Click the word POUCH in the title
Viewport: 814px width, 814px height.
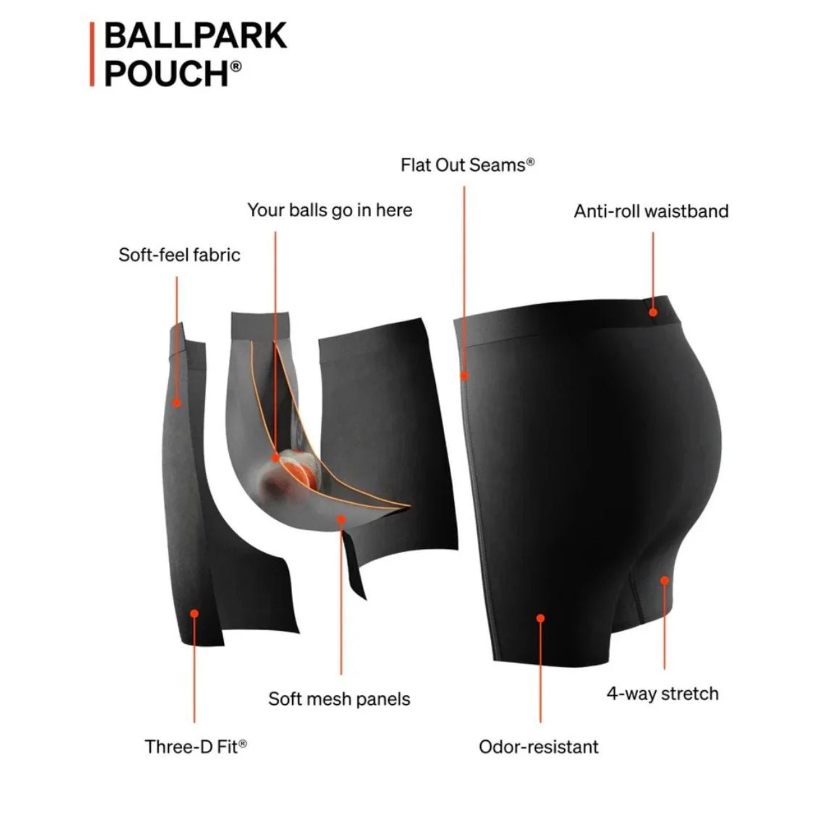(166, 73)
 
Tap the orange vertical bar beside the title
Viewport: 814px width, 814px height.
(92, 54)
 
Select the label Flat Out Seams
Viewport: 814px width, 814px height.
(467, 165)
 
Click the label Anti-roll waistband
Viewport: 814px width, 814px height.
(651, 211)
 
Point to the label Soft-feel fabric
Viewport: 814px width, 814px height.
(179, 255)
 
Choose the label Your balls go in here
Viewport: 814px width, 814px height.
(330, 210)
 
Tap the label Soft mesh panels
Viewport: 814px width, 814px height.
(339, 699)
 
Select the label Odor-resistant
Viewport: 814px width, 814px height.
(539, 747)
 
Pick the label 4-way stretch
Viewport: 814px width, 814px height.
(662, 693)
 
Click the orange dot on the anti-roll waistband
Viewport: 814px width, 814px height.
(653, 312)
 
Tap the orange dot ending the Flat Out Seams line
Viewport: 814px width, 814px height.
(464, 376)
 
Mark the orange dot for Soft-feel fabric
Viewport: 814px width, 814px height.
(177, 403)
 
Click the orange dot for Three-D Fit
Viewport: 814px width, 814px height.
(194, 614)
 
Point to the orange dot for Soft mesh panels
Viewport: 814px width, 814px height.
(341, 519)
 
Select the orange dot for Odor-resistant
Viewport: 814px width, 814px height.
(540, 618)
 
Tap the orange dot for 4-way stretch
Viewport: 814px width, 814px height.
(664, 580)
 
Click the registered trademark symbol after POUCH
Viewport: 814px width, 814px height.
(236, 66)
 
